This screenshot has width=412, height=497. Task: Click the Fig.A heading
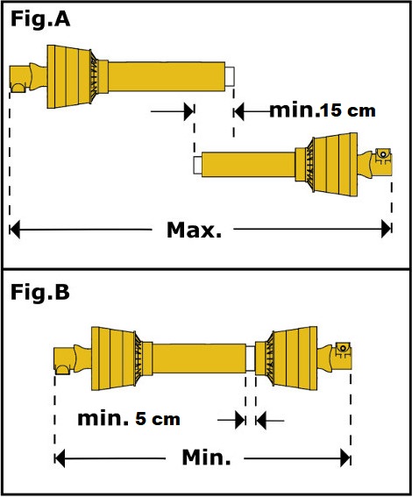40,19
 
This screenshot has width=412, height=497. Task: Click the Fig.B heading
40,292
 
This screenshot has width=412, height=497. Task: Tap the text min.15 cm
323,110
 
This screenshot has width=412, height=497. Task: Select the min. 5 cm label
129,419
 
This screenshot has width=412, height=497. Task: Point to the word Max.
194,230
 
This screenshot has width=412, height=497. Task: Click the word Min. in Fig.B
206,458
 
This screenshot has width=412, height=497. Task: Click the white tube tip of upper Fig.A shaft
230,76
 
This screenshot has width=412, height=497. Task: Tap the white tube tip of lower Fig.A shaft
197,165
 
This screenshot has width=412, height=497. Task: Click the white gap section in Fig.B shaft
251,359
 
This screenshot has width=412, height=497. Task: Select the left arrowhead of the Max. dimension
15,229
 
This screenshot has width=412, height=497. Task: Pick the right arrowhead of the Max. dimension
387,229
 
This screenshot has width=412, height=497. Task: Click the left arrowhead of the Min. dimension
60,458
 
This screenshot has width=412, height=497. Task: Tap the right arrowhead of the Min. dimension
345,458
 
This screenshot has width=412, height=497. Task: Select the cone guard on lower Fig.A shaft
331,164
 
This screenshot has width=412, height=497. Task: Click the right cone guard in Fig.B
292,359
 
